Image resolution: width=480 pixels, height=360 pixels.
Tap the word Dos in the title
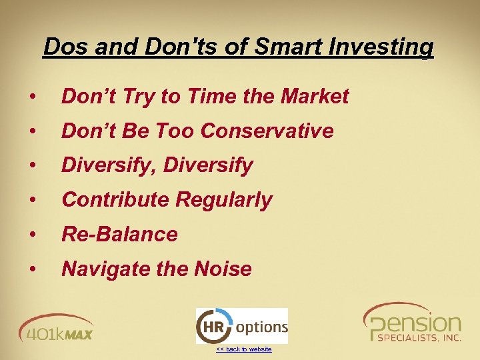[x=65, y=47]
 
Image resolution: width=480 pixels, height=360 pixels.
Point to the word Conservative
[x=267, y=131]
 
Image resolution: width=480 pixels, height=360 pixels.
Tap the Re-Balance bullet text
[x=119, y=235]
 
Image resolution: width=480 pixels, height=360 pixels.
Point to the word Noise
[x=223, y=269]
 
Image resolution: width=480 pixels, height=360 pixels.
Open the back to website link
[x=243, y=349]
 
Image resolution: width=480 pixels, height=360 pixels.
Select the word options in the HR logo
[x=261, y=327]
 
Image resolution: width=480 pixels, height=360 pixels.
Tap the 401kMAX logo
[x=56, y=327]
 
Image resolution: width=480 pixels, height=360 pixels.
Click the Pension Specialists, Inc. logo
[x=412, y=323]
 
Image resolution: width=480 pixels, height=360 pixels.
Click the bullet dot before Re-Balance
[x=32, y=235]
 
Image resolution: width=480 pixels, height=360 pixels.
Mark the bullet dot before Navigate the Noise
[x=32, y=269]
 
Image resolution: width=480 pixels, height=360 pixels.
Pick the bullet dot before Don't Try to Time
[x=32, y=97]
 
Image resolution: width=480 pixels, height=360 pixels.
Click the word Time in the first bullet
[x=212, y=97]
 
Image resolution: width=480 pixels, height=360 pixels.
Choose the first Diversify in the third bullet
[x=101, y=165]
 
